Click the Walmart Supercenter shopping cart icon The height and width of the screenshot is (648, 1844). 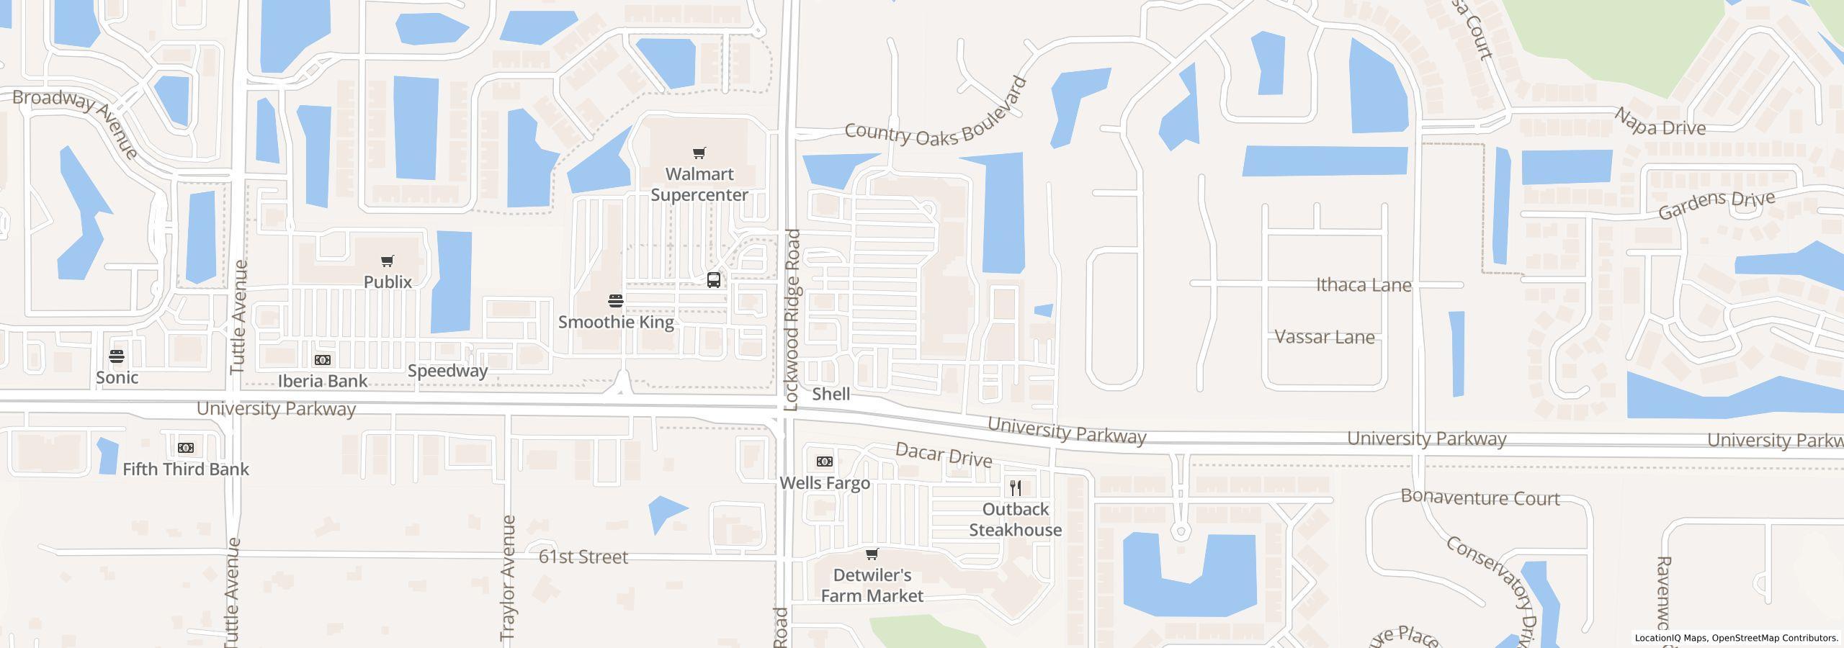tap(699, 153)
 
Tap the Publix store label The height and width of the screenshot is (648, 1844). tap(388, 282)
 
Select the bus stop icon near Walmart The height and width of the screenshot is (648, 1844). tap(713, 280)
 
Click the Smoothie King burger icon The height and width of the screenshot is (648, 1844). tap(615, 300)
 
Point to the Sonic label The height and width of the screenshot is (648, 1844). tap(117, 377)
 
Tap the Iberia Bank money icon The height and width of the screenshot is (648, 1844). tap(322, 360)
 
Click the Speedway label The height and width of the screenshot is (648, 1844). tap(447, 371)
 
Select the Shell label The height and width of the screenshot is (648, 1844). tap(831, 394)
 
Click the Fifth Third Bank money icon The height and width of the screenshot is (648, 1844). tap(185, 448)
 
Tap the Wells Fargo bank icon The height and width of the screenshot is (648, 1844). tap(825, 462)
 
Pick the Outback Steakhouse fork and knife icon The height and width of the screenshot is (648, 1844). tap(1015, 488)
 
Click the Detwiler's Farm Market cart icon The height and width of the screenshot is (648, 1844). tap(872, 554)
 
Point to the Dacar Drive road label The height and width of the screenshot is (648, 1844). tap(944, 455)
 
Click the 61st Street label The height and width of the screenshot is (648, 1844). tap(583, 557)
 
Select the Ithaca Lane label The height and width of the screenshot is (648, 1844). tap(1364, 285)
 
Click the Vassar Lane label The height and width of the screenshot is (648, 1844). tap(1325, 337)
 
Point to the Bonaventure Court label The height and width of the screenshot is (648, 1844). tap(1480, 498)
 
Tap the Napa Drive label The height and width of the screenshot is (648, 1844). tap(1660, 123)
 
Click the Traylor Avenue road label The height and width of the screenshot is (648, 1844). tap(509, 577)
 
